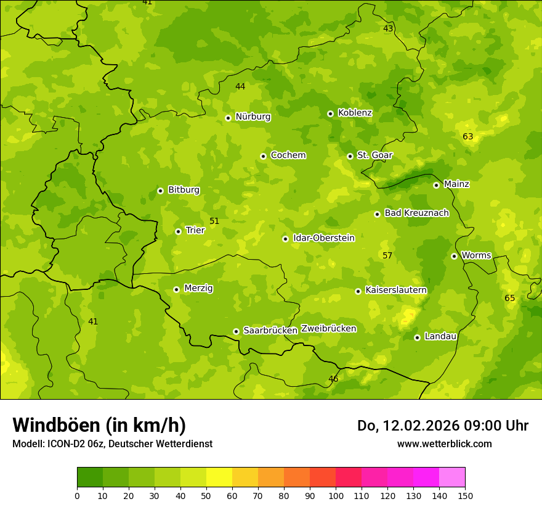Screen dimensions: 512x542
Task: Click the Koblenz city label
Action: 355,113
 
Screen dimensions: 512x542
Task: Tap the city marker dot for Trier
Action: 178,231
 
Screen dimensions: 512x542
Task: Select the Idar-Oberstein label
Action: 323,238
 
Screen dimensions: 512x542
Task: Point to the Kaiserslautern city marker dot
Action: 358,291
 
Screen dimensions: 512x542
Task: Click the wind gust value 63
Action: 468,136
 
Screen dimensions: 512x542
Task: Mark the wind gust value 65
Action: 510,298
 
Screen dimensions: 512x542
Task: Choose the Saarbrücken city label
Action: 270,331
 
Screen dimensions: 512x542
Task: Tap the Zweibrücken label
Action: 329,329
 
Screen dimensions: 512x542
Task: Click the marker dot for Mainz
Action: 436,185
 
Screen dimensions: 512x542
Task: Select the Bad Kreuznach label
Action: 416,213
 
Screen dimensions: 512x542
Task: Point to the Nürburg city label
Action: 253,117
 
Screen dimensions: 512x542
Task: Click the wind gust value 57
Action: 387,255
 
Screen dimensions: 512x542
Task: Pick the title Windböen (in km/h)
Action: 99,425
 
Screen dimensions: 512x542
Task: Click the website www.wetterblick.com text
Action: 444,444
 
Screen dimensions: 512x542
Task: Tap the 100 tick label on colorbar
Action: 336,495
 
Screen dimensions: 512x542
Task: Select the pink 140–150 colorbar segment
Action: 452,477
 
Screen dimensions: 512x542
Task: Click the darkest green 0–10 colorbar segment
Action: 90,477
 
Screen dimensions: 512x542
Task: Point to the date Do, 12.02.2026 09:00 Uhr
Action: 442,426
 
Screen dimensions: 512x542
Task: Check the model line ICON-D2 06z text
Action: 112,444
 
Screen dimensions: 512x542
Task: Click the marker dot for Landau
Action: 417,337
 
